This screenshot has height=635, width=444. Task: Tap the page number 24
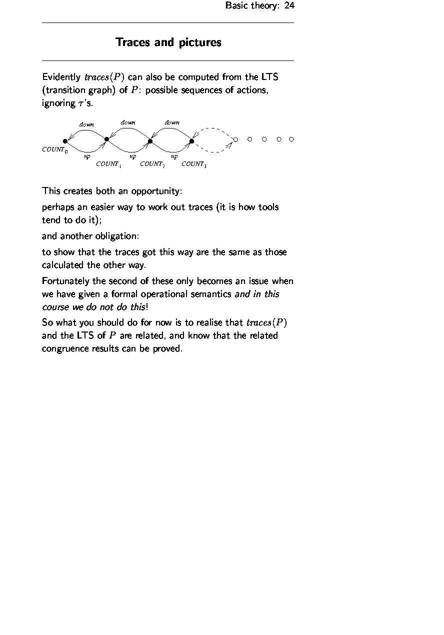(x=289, y=6)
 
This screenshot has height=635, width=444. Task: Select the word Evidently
(x=61, y=77)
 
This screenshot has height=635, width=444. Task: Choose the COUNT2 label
(x=151, y=164)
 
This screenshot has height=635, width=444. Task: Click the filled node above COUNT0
(x=65, y=141)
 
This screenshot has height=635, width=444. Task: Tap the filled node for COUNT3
(x=192, y=141)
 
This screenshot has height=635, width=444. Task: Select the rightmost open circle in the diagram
(x=291, y=139)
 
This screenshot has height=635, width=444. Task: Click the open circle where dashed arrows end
(x=236, y=139)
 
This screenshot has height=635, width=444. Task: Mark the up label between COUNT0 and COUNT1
(x=87, y=156)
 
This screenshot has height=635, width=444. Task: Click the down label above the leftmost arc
(x=86, y=124)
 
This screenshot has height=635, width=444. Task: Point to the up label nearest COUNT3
(x=174, y=156)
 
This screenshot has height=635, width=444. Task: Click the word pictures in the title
(x=198, y=42)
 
